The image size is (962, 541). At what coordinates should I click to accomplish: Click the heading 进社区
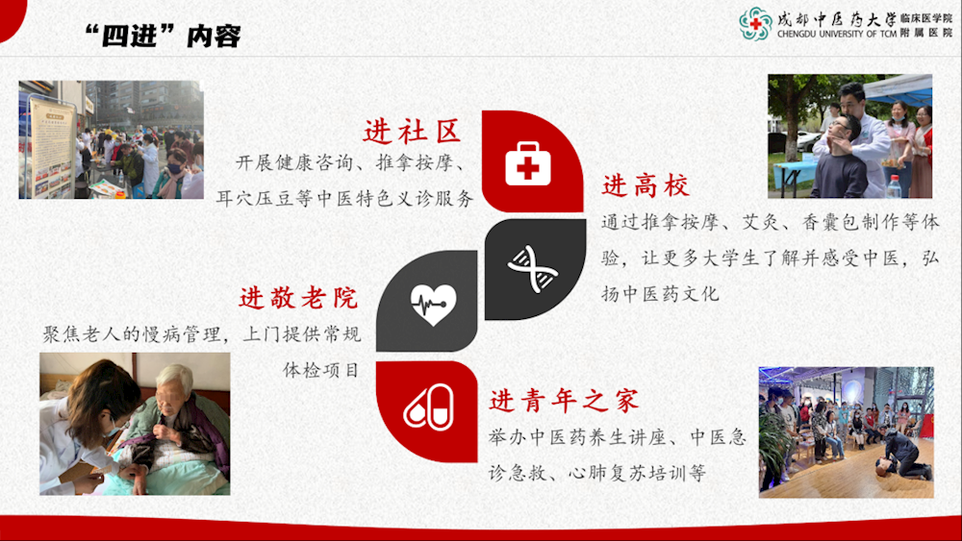click(x=412, y=131)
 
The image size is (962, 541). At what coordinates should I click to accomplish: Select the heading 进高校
click(x=646, y=185)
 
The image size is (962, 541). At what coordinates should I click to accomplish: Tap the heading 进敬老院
click(x=299, y=298)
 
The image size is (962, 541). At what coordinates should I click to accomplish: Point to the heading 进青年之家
click(x=564, y=401)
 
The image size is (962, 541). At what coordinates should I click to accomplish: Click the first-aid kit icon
click(x=527, y=163)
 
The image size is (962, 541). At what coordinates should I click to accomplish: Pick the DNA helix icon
click(x=533, y=268)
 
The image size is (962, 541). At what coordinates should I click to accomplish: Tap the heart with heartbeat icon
click(x=433, y=304)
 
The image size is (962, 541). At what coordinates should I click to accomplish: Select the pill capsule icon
click(x=429, y=407)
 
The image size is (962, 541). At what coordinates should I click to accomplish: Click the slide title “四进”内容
click(x=163, y=36)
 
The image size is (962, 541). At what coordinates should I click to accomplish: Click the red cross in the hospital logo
click(x=756, y=24)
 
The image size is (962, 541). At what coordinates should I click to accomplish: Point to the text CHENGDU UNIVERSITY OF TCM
click(x=837, y=35)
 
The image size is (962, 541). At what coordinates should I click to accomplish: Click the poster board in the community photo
click(x=52, y=147)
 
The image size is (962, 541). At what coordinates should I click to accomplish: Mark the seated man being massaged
click(x=842, y=159)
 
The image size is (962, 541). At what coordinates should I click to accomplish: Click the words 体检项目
click(x=321, y=370)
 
